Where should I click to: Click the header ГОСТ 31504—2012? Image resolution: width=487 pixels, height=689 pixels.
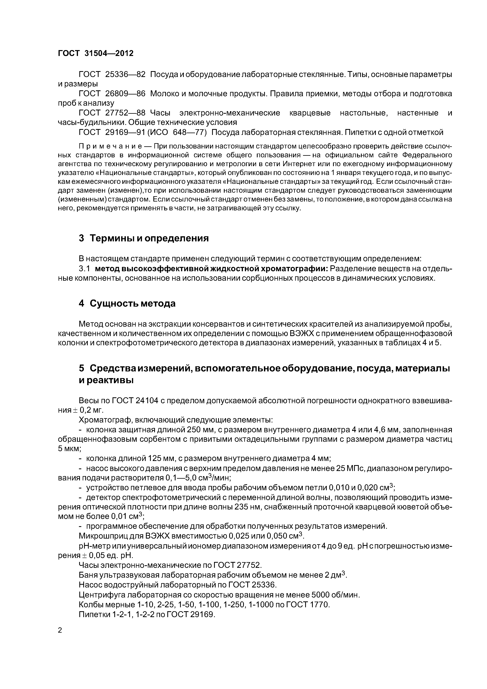point(95,53)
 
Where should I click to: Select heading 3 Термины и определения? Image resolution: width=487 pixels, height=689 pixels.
point(143,238)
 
